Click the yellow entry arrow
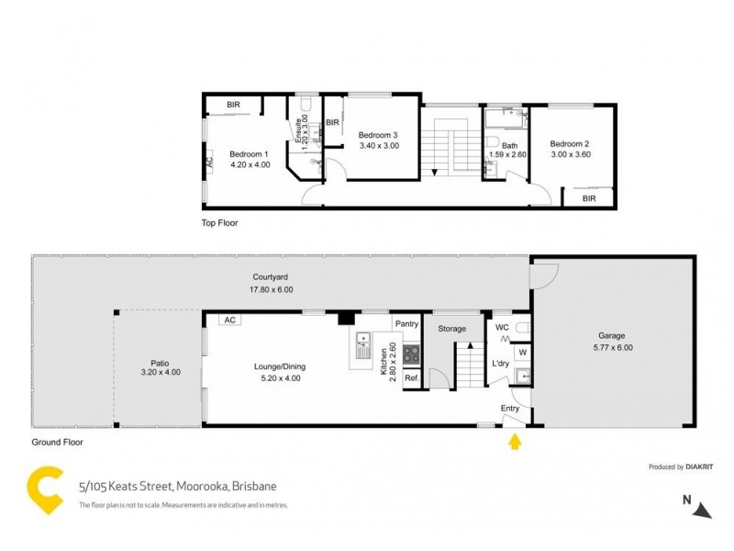coord(515,444)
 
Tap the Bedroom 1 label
coord(249,153)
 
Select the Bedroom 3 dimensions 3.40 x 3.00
coord(379,145)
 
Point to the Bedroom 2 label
coord(569,143)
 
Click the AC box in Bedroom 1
coord(208,162)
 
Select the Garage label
coord(612,336)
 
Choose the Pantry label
coord(406,324)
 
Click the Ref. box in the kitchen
coord(411,377)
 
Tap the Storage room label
coord(451,329)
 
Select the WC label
coord(502,327)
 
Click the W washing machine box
coord(522,351)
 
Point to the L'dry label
coord(500,365)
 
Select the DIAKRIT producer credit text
coord(681,467)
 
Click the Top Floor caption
coord(219,222)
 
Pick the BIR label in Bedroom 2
coord(589,197)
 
